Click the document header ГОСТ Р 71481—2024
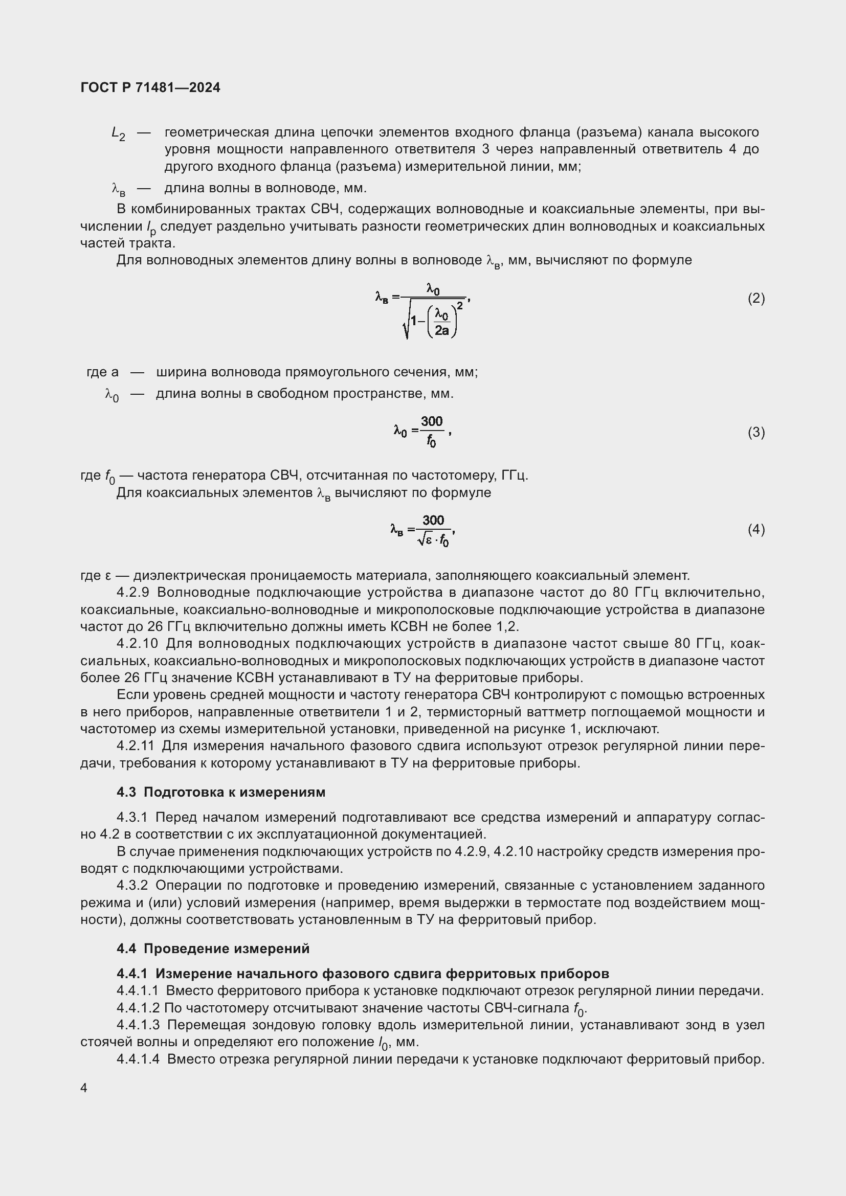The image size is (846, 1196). coord(150,87)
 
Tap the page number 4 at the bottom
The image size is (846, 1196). coord(84,1088)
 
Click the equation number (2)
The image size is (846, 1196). coord(756,299)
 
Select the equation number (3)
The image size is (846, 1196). coord(756,433)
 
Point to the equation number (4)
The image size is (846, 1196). coord(756,530)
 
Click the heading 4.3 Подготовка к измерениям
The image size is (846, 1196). coord(221,792)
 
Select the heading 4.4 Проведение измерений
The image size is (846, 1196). coord(213,949)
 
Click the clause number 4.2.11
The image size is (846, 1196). coord(136,746)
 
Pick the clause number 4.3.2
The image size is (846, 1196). coord(132,886)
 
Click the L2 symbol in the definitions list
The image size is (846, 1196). coord(118,134)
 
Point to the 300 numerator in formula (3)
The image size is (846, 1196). coord(432,421)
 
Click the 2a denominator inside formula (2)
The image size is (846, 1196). coord(442,330)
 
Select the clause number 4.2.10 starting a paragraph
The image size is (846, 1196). coord(137,644)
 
